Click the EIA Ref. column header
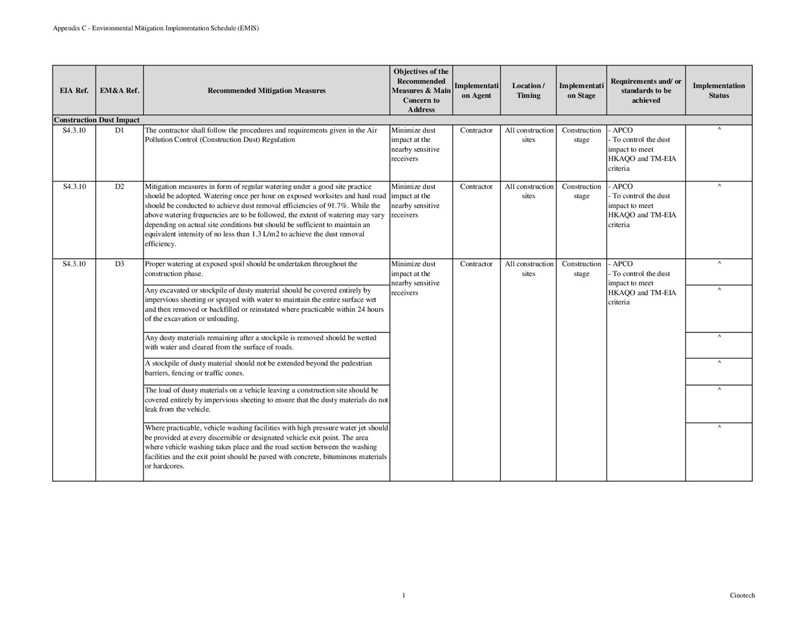[x=74, y=90]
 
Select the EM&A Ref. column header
[x=119, y=90]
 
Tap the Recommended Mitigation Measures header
[x=266, y=90]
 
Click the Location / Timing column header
[x=528, y=90]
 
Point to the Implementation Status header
[x=719, y=90]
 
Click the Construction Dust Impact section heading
[x=97, y=120]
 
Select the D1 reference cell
[x=119, y=130]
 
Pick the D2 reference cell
[x=119, y=187]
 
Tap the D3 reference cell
[x=119, y=264]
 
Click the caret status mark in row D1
[x=719, y=129]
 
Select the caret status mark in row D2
[x=719, y=186]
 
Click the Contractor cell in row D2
[x=476, y=187]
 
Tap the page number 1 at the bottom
[x=403, y=595]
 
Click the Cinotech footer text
[x=742, y=595]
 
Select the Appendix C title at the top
[x=156, y=28]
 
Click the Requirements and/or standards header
[x=646, y=90]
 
